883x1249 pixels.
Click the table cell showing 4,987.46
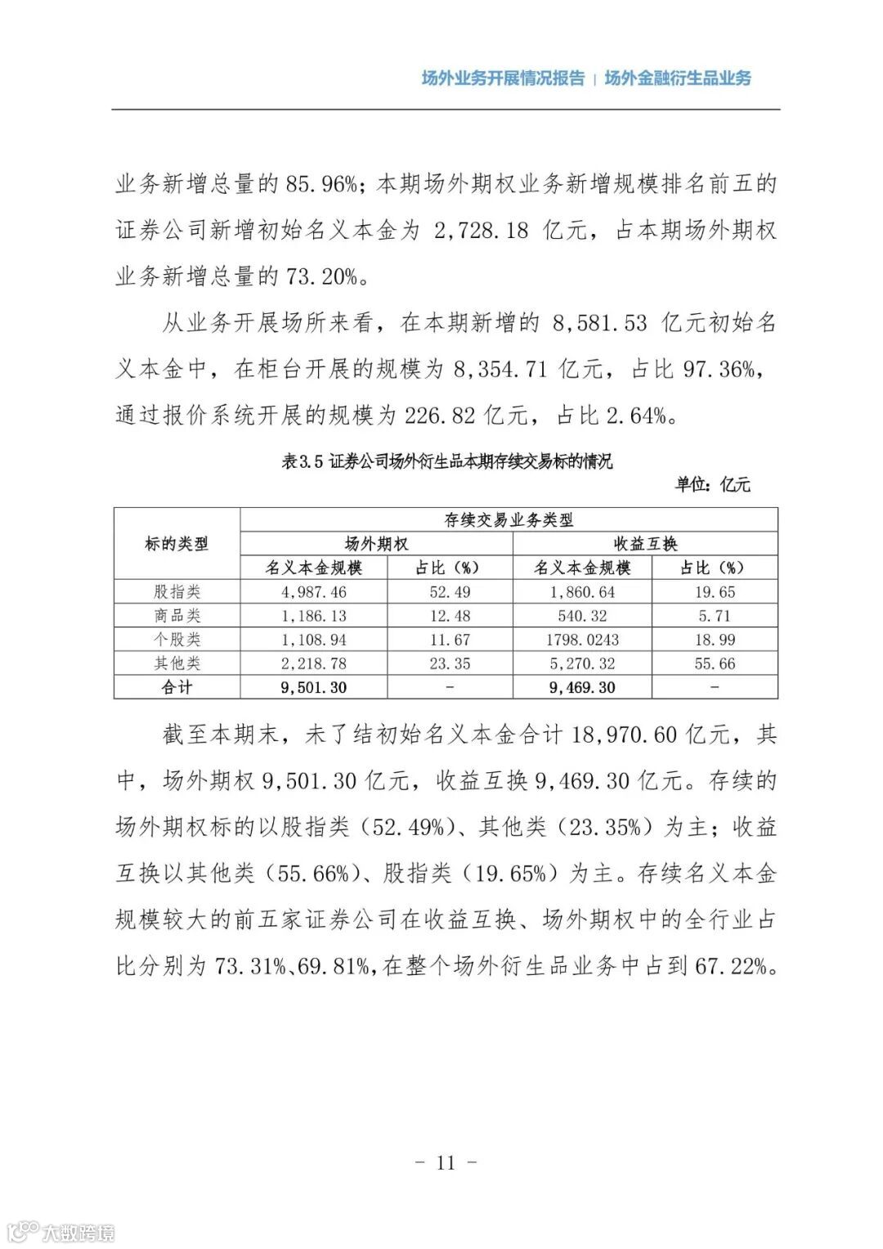pos(313,591)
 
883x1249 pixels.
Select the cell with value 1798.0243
pos(582,640)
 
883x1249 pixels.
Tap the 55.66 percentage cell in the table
pos(715,663)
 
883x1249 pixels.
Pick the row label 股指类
pos(177,591)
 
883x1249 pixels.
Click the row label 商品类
pos(177,616)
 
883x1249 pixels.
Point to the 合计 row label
pos(177,687)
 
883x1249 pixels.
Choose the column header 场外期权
pos(376,544)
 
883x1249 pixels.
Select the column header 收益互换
pos(645,544)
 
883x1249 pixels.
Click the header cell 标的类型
pos(177,544)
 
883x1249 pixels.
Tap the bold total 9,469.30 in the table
pos(582,687)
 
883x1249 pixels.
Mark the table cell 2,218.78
pos(313,663)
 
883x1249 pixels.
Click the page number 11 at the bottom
pos(446,1162)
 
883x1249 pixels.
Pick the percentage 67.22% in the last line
pos(731,967)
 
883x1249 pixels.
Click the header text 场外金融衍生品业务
pos(678,79)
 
